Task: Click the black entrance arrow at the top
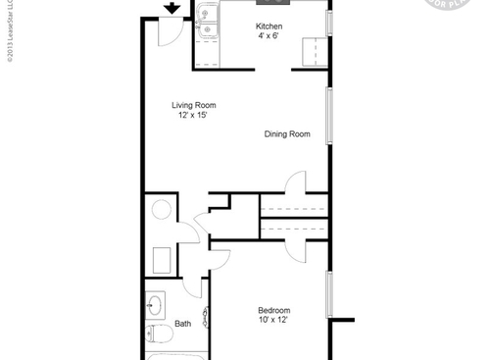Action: pos(172,9)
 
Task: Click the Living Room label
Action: pos(194,105)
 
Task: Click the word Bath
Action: pos(183,324)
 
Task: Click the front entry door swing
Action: pos(169,32)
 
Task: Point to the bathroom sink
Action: pos(155,307)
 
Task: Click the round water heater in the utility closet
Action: pos(159,210)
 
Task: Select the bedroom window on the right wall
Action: pos(330,294)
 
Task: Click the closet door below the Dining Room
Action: pos(291,182)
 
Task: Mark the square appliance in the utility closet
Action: pos(162,260)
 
